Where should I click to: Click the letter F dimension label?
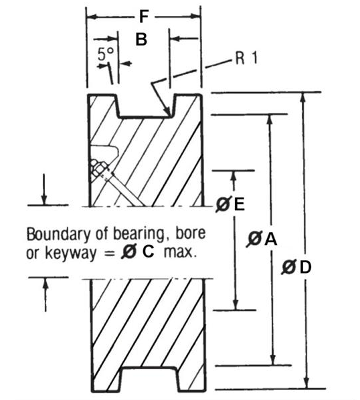tap(144, 17)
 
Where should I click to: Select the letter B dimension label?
tap(141, 39)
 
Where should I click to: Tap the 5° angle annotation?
tap(105, 54)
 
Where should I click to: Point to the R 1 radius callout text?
tap(246, 58)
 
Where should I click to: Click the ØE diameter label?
tap(230, 204)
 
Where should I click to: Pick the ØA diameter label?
tap(262, 239)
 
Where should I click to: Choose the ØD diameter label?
tap(296, 267)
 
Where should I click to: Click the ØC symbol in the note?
tap(138, 252)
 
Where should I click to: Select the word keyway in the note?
tap(71, 254)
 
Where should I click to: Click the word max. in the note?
tap(181, 252)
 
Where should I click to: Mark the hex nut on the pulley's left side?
tap(99, 168)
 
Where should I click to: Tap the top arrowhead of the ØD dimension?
tap(303, 98)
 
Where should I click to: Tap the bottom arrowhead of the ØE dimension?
tap(236, 304)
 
